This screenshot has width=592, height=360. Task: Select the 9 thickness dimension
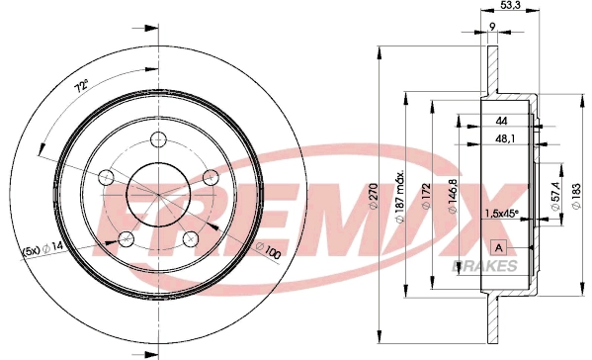(492, 26)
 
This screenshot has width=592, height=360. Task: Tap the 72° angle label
(81, 86)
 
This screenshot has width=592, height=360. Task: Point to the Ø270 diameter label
(373, 196)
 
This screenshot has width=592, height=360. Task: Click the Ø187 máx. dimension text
(400, 196)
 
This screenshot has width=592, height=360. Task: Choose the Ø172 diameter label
(426, 196)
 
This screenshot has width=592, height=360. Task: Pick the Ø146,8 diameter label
(453, 196)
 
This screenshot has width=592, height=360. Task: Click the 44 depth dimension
(501, 121)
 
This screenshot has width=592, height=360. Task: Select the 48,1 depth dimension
(505, 139)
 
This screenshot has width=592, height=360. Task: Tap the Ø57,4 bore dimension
(555, 195)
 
